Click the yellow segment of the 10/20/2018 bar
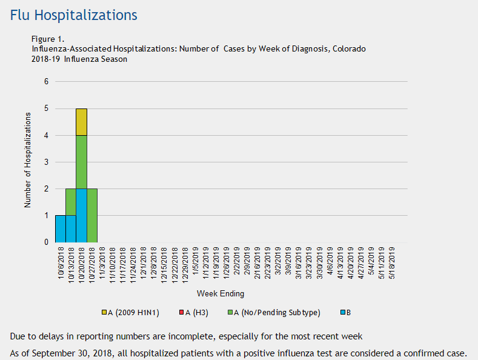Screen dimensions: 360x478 tap(81, 122)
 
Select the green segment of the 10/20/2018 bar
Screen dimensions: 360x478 tap(81, 162)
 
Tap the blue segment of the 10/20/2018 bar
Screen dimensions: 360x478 tap(81, 215)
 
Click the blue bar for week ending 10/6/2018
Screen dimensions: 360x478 tap(60, 228)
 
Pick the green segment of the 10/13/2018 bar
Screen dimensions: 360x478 tap(70, 202)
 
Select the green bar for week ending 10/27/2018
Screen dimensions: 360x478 tap(91, 215)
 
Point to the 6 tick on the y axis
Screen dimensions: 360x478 tap(45, 82)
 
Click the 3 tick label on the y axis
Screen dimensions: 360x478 tap(45, 162)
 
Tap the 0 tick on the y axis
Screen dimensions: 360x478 tap(45, 242)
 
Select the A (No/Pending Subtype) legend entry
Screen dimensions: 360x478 tap(273, 312)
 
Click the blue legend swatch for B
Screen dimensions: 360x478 tap(341, 312)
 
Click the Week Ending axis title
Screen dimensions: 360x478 tap(224, 294)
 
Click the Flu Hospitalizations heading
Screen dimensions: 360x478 tap(73, 15)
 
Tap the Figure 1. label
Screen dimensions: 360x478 tap(48, 39)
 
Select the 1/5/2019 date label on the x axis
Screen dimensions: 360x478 tap(195, 260)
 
